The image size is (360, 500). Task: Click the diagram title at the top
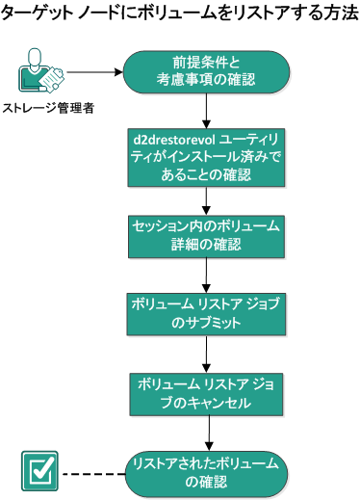[x=179, y=13]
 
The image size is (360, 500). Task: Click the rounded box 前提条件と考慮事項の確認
[x=208, y=71]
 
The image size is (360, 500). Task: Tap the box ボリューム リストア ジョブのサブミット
[x=208, y=314]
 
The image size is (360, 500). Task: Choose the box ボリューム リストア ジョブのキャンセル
[x=208, y=391]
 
